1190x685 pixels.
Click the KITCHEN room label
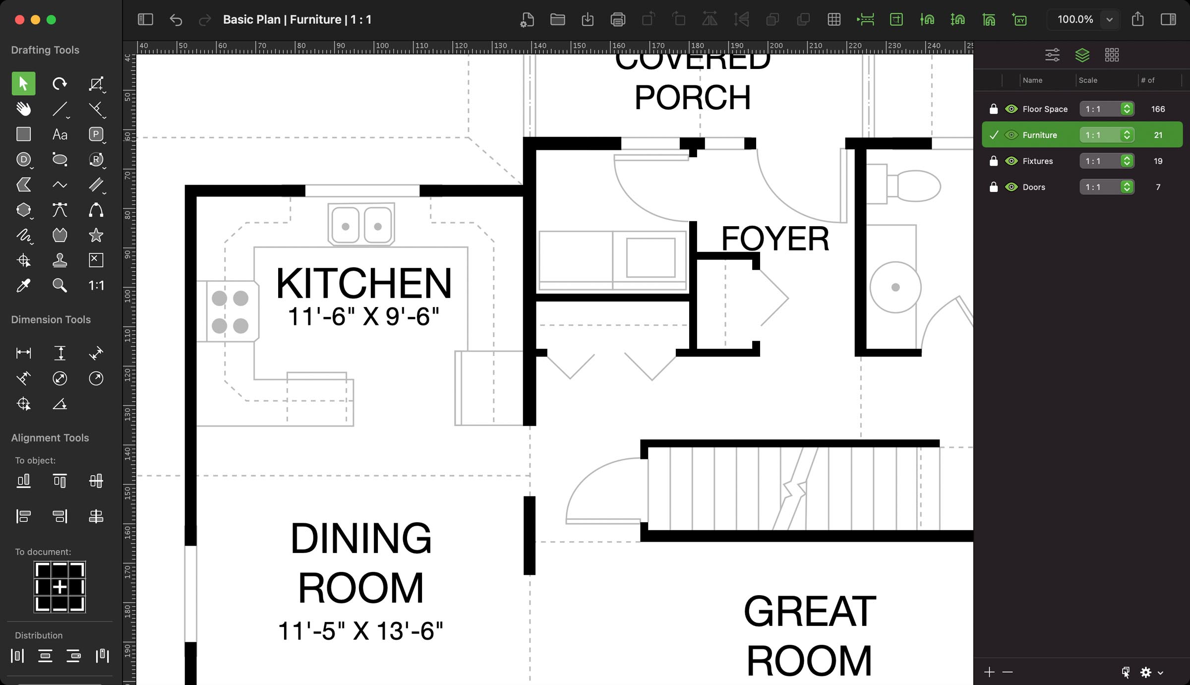click(363, 283)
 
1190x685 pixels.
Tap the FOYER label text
click(774, 239)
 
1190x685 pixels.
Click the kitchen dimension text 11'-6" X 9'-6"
click(363, 317)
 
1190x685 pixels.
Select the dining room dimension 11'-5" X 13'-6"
click(360, 631)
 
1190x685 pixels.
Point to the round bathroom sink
click(895, 287)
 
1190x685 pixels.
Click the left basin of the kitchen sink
click(346, 226)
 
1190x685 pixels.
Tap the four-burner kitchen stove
click(230, 311)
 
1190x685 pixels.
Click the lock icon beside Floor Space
click(993, 109)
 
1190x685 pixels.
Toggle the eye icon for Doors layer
click(1011, 187)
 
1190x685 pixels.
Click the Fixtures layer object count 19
click(1158, 161)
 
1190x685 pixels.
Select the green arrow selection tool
click(23, 83)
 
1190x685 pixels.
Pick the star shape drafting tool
click(96, 235)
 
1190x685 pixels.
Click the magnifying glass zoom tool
click(59, 285)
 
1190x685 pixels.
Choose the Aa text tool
click(59, 134)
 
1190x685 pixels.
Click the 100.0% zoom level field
click(1074, 20)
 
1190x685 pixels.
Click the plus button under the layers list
click(989, 672)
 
